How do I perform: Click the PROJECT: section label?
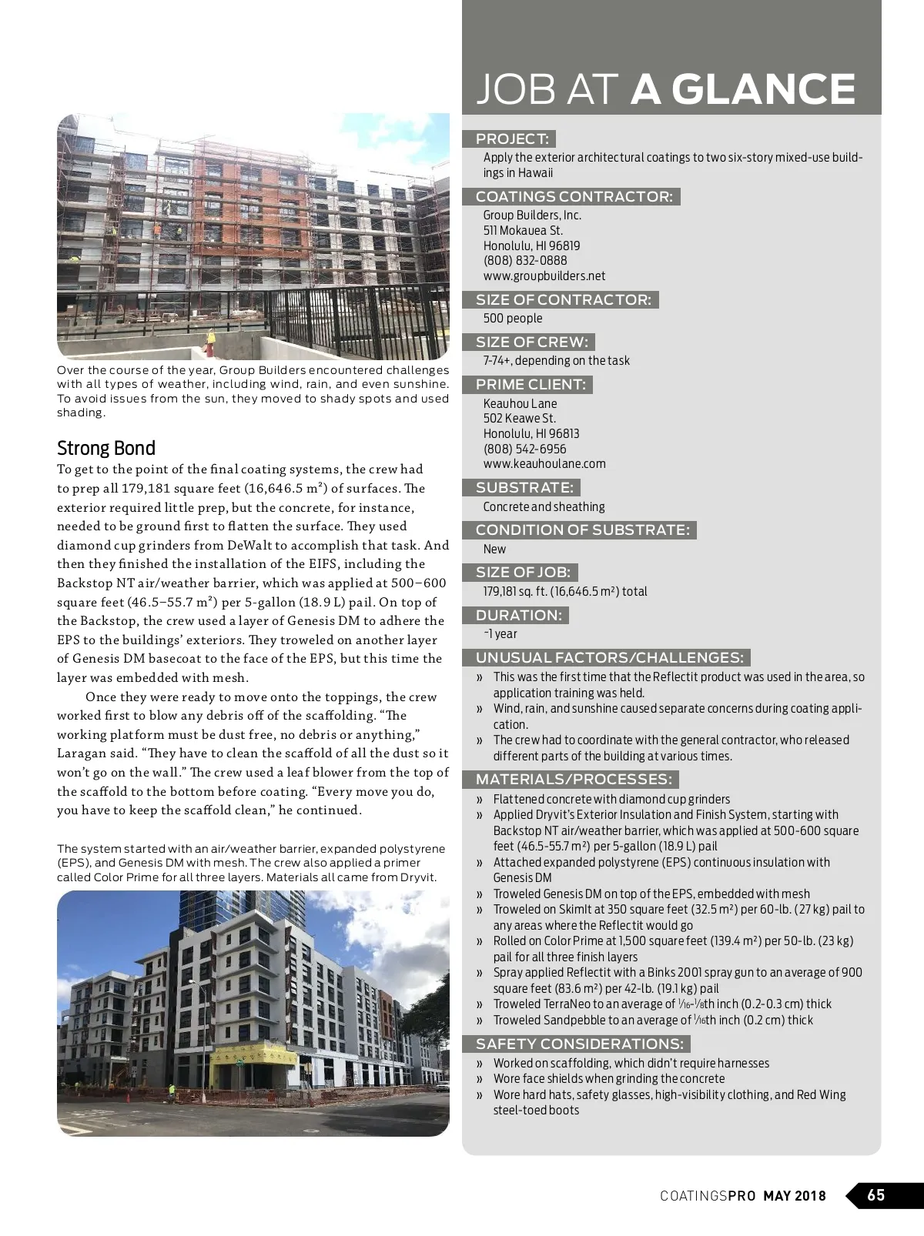pyautogui.click(x=512, y=139)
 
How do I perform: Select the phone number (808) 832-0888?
pyautogui.click(x=525, y=261)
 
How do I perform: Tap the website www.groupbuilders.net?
pyautogui.click(x=544, y=276)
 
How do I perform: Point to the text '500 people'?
pyautogui.click(x=513, y=319)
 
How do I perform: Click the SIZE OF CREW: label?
pyautogui.click(x=531, y=342)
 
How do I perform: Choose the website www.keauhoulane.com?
pyautogui.click(x=544, y=464)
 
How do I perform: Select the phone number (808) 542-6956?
pyautogui.click(x=524, y=449)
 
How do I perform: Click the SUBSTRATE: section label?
pyautogui.click(x=524, y=488)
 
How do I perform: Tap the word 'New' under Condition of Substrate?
pyautogui.click(x=494, y=550)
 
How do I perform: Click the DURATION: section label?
pyautogui.click(x=518, y=616)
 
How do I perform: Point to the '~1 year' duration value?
pyautogui.click(x=500, y=634)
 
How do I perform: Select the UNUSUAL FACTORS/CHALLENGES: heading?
pyautogui.click(x=609, y=658)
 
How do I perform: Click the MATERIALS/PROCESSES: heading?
pyautogui.click(x=574, y=780)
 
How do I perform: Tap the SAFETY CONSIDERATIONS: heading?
pyautogui.click(x=579, y=1044)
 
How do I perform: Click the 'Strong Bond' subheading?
pyautogui.click(x=106, y=448)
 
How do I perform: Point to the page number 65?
pyautogui.click(x=876, y=1195)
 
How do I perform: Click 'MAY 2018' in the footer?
pyautogui.click(x=795, y=1196)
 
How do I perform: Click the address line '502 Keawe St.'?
pyautogui.click(x=519, y=419)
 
